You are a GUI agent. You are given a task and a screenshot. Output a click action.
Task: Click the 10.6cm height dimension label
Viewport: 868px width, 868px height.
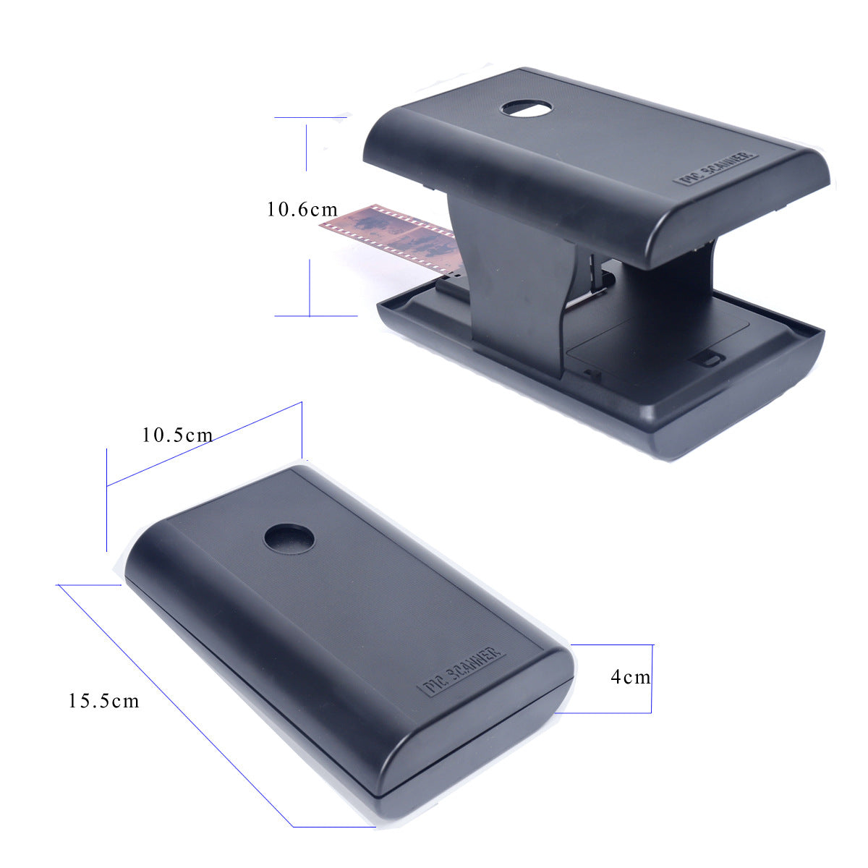pos(302,210)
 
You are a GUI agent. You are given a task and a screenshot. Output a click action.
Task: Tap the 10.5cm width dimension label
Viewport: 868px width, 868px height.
pos(177,435)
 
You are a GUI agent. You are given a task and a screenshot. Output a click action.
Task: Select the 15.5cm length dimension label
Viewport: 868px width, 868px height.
pos(103,700)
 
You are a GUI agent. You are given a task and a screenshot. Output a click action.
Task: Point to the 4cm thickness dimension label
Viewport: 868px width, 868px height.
pos(630,677)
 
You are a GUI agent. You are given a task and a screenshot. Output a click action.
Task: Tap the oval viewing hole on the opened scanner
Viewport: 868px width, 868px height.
pos(526,109)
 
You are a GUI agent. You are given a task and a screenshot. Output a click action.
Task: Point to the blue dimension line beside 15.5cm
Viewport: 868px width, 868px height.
pos(174,705)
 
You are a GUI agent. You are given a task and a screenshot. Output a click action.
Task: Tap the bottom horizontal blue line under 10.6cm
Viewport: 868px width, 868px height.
pos(316,316)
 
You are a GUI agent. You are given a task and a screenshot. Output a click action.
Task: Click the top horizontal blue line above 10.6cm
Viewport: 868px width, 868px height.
pos(311,117)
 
